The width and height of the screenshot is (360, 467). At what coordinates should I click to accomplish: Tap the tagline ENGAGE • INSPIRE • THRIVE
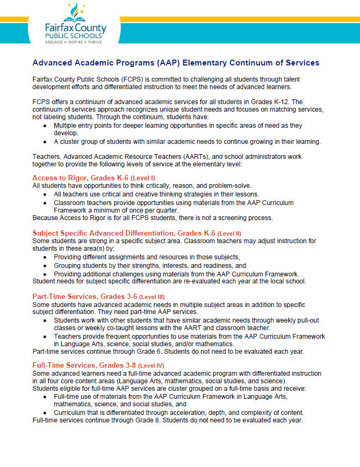click(74, 41)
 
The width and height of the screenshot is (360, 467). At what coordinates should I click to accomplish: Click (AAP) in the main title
click(148, 63)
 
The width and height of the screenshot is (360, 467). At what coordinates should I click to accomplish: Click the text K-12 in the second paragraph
click(295, 102)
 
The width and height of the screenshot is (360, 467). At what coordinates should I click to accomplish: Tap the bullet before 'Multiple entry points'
click(45, 125)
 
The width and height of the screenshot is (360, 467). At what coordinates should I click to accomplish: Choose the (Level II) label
click(229, 233)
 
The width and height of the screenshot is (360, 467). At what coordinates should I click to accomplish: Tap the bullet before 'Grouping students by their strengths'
click(45, 266)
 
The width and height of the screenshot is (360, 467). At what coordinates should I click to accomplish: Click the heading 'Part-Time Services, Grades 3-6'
click(85, 297)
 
